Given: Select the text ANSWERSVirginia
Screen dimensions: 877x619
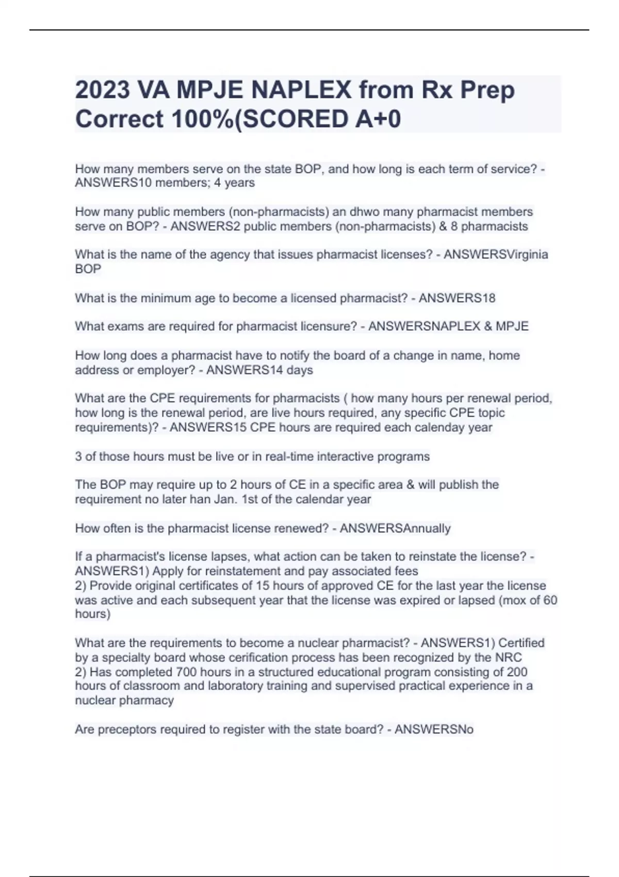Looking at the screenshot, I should pos(496,254).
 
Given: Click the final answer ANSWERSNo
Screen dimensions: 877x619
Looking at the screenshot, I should pos(434,729).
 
